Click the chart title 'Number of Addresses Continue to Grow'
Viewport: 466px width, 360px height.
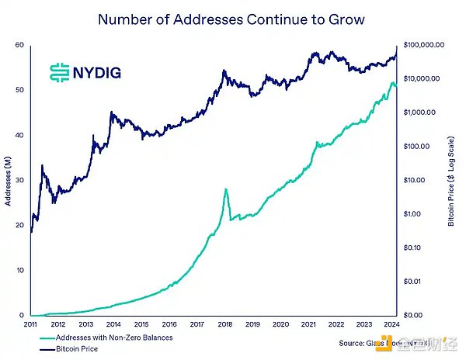[231, 19]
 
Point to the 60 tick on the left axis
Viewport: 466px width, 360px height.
[19, 45]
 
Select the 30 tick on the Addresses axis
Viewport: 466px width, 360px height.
[19, 180]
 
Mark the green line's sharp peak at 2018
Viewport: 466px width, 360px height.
[225, 189]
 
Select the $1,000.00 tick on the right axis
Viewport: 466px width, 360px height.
[421, 112]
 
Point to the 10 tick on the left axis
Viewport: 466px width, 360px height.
[19, 270]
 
